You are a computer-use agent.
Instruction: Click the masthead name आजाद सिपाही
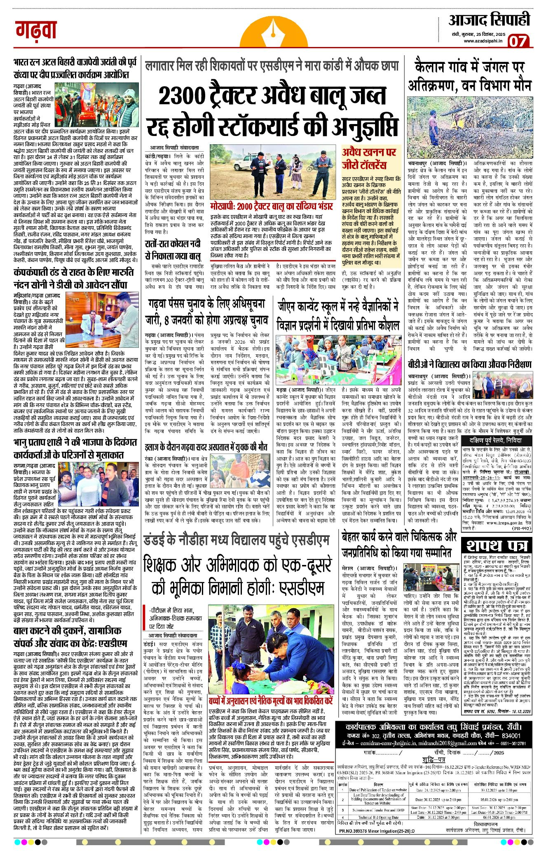(489, 19)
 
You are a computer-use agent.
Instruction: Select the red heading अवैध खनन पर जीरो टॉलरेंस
(369, 158)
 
